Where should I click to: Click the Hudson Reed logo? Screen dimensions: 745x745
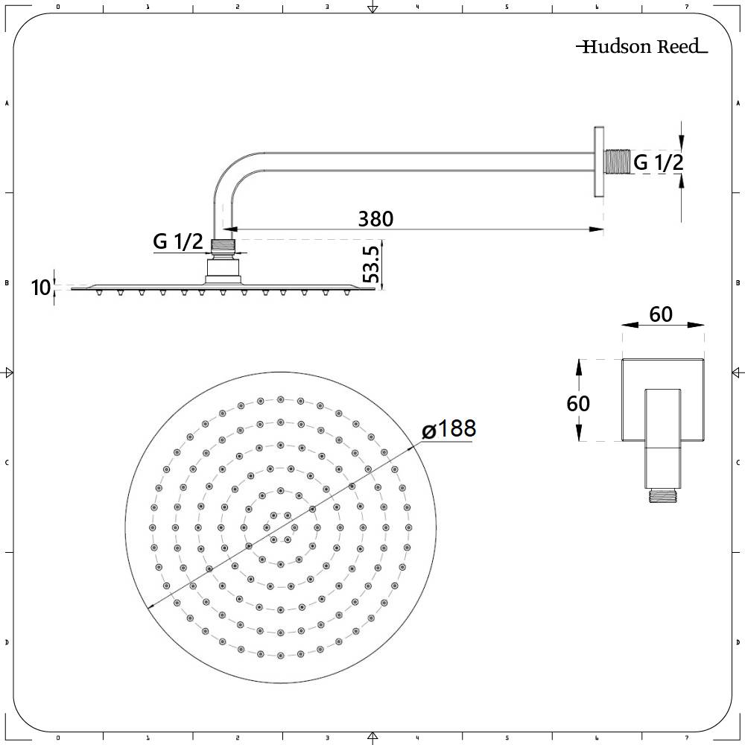pyautogui.click(x=641, y=47)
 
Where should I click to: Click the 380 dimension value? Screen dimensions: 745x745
pyautogui.click(x=375, y=219)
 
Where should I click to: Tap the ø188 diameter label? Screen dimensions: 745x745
pyautogui.click(x=448, y=430)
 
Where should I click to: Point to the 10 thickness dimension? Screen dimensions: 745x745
pyautogui.click(x=42, y=287)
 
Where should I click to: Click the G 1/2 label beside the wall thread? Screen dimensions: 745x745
pyautogui.click(x=658, y=162)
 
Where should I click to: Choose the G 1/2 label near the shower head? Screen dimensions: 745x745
pyautogui.click(x=178, y=241)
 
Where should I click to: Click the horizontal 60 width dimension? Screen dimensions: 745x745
pyautogui.click(x=661, y=314)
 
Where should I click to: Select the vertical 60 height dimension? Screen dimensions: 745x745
pyautogui.click(x=578, y=403)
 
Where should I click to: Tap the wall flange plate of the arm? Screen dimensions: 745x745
pyautogui.click(x=598, y=162)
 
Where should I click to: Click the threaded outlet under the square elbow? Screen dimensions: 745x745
pyautogui.click(x=662, y=495)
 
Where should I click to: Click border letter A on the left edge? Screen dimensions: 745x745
pyautogui.click(x=7, y=104)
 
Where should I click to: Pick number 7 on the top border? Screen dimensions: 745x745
pyautogui.click(x=686, y=7)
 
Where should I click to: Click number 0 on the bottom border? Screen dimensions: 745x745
pyautogui.click(x=58, y=738)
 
